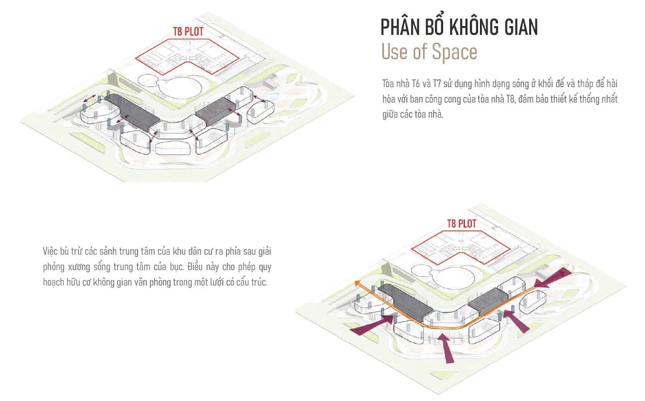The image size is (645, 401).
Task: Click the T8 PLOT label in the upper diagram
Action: point(188,31)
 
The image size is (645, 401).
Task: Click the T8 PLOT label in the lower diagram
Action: point(462,224)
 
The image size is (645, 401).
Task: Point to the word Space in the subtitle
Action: point(454,52)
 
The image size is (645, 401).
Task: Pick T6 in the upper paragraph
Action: point(416,84)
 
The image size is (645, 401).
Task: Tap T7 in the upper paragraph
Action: point(437,84)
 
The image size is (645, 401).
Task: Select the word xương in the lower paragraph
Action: point(79,267)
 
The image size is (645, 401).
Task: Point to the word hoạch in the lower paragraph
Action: point(53,282)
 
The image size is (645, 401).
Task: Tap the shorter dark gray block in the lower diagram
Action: point(488,303)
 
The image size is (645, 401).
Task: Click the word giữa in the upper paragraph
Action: point(391,114)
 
